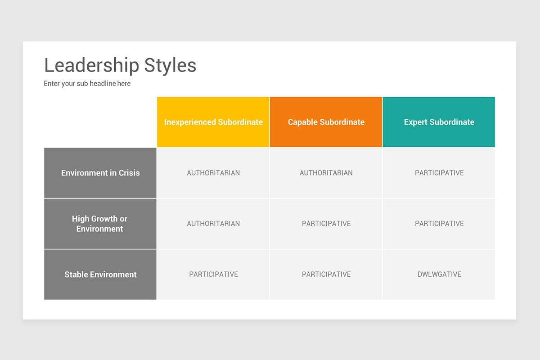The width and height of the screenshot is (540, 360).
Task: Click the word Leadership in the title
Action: [92, 65]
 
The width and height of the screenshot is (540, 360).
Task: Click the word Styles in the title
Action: [170, 65]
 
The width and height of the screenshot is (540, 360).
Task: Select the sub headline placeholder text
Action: [87, 83]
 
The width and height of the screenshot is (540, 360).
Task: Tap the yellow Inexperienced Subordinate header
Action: [213, 122]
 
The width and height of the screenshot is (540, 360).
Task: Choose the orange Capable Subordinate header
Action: [326, 122]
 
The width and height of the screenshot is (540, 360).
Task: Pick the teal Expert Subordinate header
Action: [439, 122]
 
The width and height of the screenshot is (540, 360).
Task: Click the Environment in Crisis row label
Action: [100, 173]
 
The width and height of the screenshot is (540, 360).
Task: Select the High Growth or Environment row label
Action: [100, 224]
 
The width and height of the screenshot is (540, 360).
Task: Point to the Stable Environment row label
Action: [100, 274]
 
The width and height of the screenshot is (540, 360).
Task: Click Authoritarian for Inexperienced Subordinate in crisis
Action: [213, 173]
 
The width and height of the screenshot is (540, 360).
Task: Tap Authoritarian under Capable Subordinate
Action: [326, 173]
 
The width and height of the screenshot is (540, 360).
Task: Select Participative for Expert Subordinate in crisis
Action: [439, 173]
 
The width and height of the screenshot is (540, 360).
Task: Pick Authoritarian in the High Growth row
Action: [213, 224]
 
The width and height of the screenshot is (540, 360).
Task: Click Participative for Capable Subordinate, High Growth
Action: [326, 224]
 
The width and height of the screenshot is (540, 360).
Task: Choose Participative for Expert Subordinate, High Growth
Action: [439, 224]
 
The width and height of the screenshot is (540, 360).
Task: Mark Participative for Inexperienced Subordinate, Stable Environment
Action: [213, 274]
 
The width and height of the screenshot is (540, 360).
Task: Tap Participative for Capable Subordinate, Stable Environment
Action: [326, 274]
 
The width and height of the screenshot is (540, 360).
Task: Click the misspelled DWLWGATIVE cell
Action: [439, 274]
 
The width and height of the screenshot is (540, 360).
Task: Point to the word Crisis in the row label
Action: [129, 173]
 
